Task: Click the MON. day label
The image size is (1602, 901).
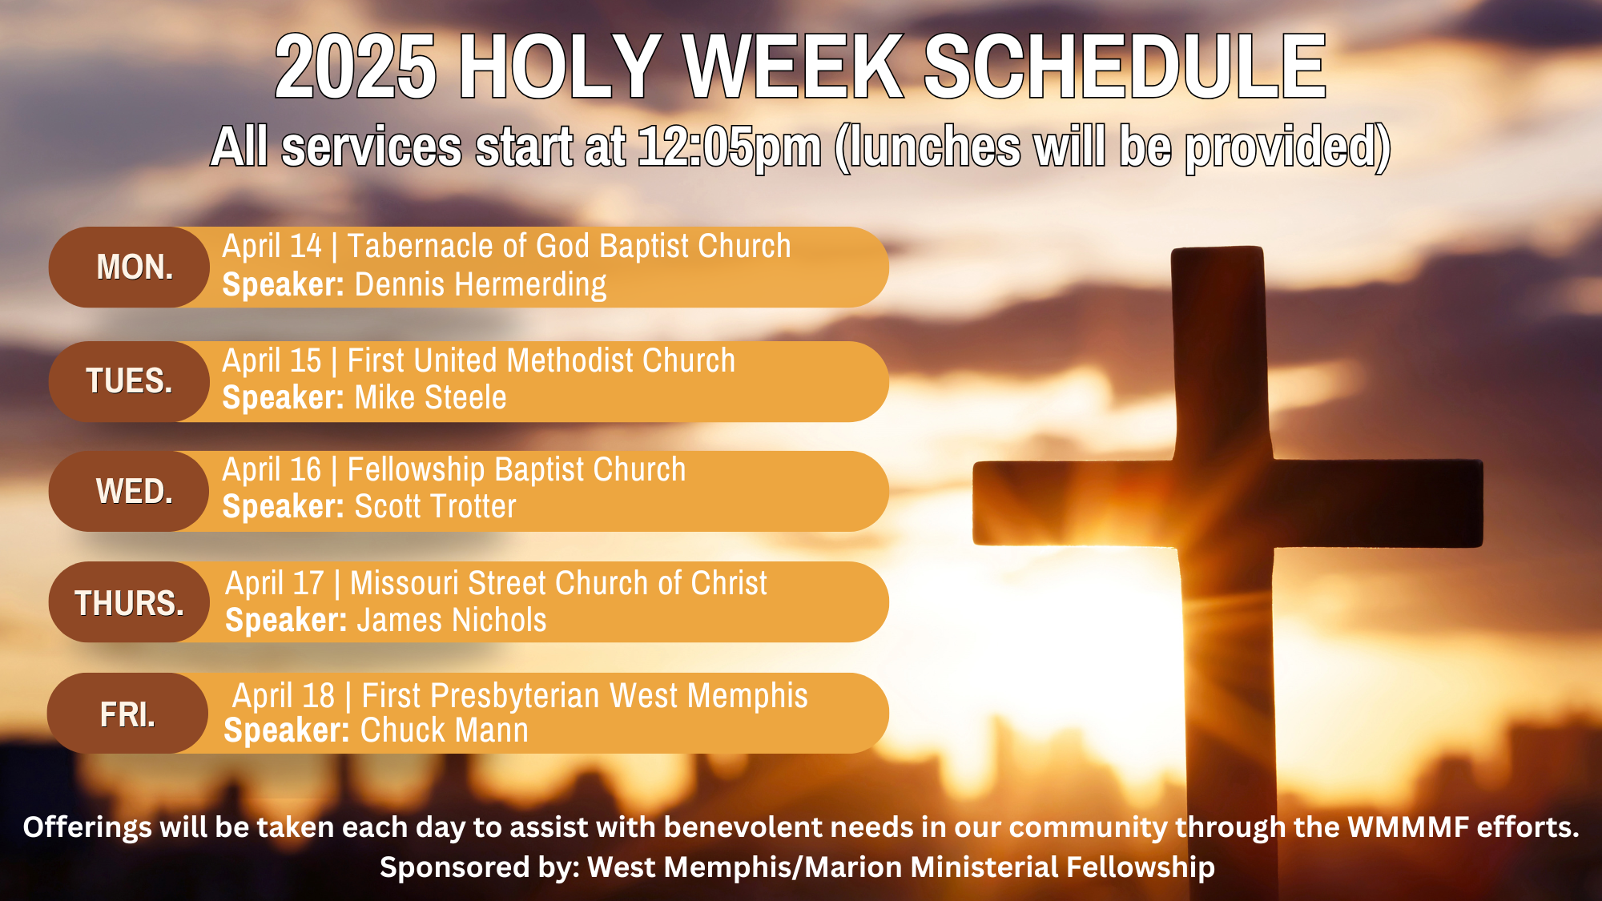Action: tap(135, 267)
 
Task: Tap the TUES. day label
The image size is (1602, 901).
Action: tap(129, 381)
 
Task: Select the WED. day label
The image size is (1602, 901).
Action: tap(135, 491)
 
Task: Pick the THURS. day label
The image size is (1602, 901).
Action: tap(129, 603)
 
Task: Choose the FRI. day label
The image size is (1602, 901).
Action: tap(127, 714)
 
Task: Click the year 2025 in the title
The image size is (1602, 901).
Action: tap(356, 67)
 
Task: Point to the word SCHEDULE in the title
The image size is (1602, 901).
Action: tap(1125, 67)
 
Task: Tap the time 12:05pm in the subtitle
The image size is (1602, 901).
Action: tap(730, 148)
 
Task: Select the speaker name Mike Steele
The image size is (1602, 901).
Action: tap(431, 397)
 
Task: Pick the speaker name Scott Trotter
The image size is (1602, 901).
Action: tap(436, 507)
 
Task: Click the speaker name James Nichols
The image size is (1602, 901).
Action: tap(452, 621)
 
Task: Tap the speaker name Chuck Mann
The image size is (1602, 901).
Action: tap(445, 730)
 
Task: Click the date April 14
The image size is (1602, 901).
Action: tap(272, 247)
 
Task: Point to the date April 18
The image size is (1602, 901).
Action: tap(284, 696)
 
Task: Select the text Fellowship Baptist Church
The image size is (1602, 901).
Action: tap(517, 470)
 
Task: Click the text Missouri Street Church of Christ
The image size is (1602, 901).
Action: tap(558, 583)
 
